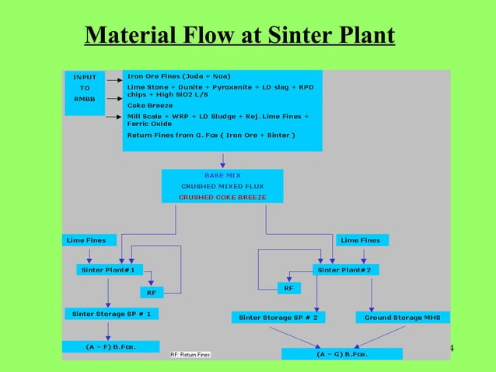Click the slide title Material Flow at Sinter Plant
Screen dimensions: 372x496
click(239, 36)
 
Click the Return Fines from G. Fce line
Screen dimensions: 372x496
click(211, 135)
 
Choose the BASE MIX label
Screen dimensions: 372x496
click(222, 175)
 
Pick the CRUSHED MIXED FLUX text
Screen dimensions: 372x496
click(222, 186)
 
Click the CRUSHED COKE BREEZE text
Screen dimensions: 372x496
click(222, 197)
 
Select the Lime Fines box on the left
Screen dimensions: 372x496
click(85, 240)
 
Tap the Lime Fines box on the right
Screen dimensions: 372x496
click(361, 240)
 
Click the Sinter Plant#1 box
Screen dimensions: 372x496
click(108, 269)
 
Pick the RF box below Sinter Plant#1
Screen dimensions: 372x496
click(151, 293)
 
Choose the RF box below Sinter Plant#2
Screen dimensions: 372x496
click(288, 288)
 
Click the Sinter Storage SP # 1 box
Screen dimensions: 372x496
click(111, 314)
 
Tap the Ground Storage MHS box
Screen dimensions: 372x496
click(403, 317)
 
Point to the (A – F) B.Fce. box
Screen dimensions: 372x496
click(110, 346)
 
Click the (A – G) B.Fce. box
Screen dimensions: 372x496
click(342, 354)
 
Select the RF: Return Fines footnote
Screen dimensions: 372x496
click(190, 355)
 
